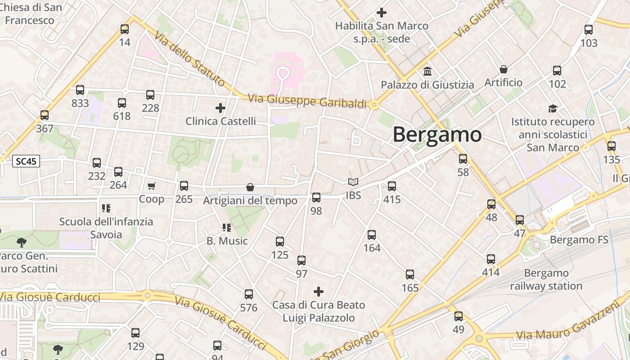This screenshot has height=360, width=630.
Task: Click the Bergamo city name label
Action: (437, 135)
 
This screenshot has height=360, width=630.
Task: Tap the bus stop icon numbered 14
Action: (125, 29)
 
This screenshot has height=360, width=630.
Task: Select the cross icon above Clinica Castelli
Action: (220, 108)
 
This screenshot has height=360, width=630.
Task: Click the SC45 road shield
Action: (26, 162)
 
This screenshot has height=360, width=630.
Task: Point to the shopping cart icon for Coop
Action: (152, 186)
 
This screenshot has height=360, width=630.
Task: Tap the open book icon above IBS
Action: (353, 182)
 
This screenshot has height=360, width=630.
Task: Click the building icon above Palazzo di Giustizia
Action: (427, 72)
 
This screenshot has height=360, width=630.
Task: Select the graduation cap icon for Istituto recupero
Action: (553, 108)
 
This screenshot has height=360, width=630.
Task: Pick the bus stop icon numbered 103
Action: (589, 30)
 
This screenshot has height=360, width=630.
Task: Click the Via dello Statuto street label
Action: (189, 58)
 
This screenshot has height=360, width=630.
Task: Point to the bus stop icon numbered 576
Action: (249, 295)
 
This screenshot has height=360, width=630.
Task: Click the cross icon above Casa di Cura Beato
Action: (319, 292)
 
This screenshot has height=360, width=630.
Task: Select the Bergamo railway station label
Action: (546, 279)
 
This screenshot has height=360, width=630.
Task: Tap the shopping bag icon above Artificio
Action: (504, 69)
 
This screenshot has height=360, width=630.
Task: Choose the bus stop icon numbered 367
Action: (45, 115)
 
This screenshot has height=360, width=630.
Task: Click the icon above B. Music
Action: (226, 228)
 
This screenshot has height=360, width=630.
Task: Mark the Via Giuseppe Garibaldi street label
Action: (307, 101)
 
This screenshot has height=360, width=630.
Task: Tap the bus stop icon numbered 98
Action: (316, 198)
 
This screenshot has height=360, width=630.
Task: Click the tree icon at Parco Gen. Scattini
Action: (21, 243)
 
